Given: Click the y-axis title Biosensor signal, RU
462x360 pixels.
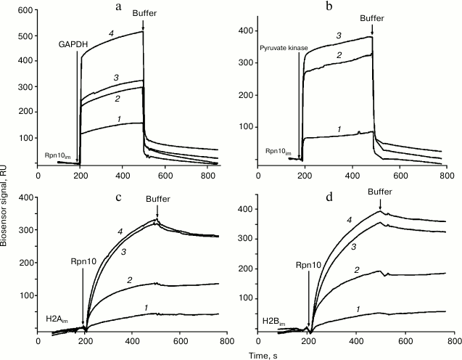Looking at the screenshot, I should tap(7, 174).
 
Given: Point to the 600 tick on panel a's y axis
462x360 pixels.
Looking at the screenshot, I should tap(25, 9).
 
